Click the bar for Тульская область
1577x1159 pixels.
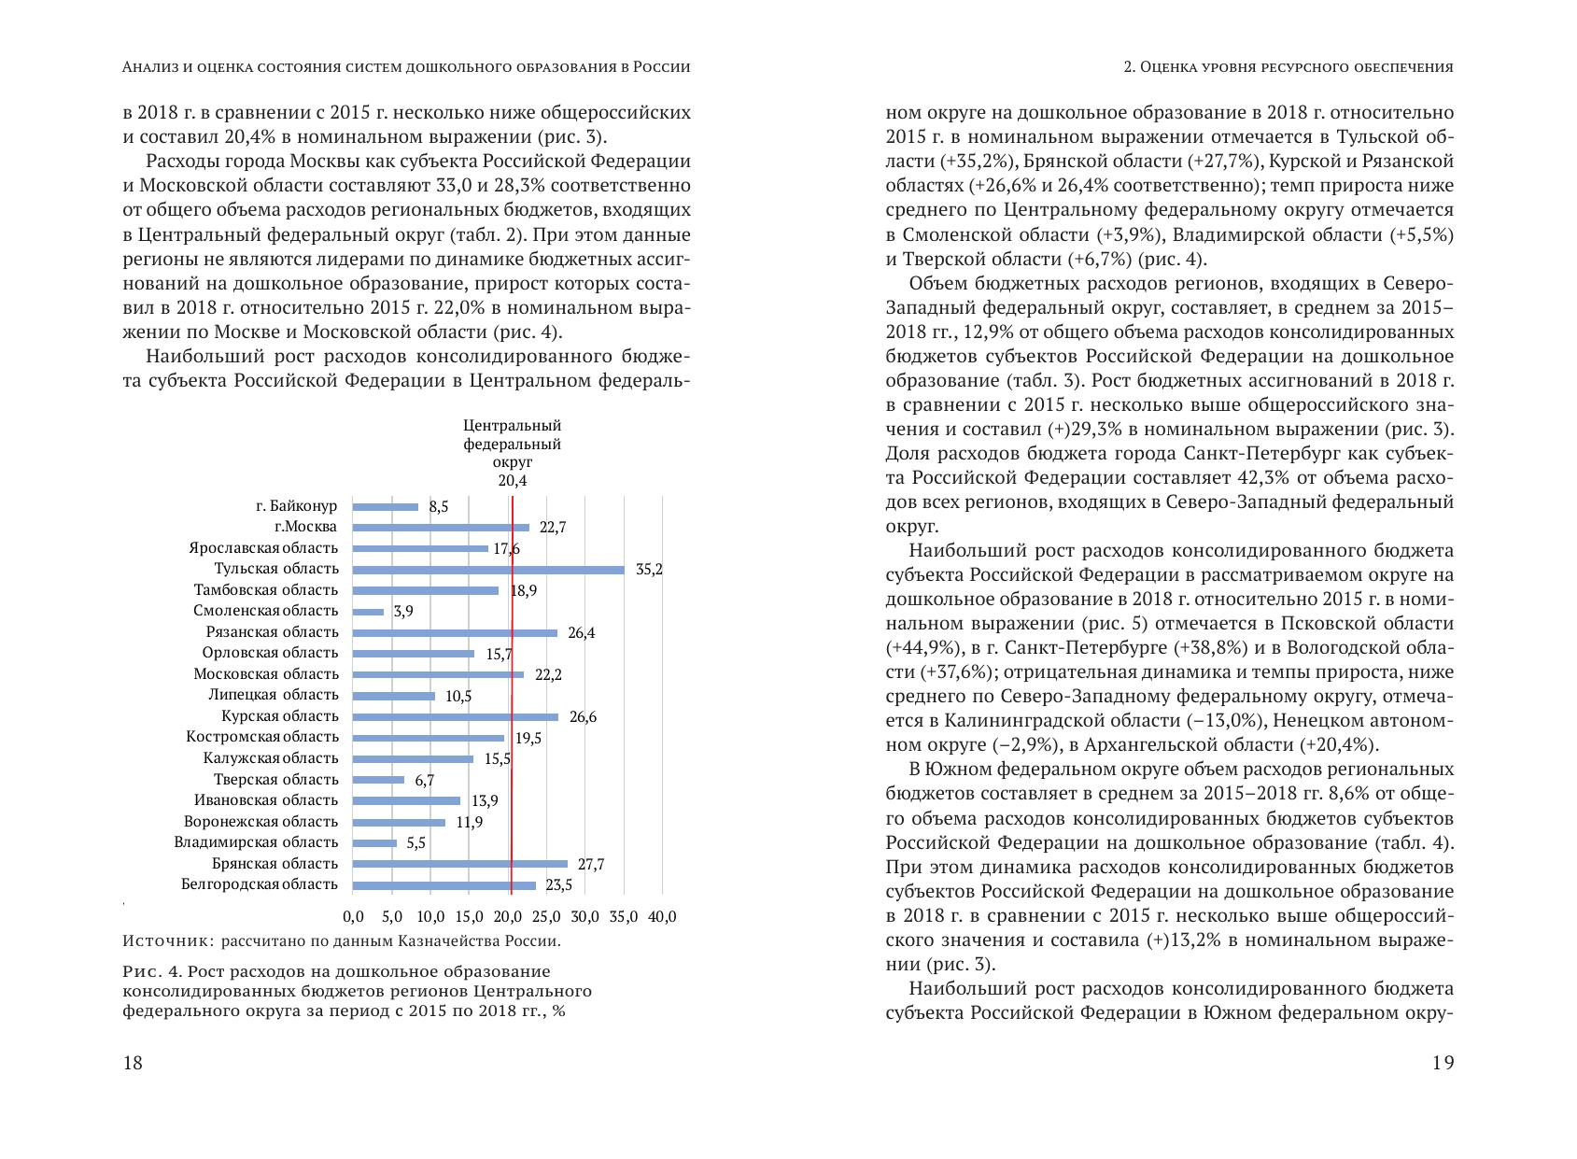[488, 570]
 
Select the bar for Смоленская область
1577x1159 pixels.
[369, 612]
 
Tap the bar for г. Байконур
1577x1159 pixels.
[386, 507]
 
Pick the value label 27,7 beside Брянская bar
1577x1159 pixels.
[590, 865]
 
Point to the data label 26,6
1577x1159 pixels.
[583, 717]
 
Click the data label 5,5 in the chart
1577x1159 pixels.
[415, 843]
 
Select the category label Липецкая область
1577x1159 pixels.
[273, 695]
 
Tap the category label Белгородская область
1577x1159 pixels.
[259, 884]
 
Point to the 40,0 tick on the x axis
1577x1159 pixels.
[661, 917]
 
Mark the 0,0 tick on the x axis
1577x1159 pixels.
[353, 917]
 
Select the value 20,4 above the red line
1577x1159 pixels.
[513, 481]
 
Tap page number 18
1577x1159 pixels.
[133, 1062]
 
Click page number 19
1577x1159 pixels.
[1443, 1062]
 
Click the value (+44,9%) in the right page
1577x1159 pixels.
[921, 648]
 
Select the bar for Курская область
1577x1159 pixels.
[456, 717]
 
